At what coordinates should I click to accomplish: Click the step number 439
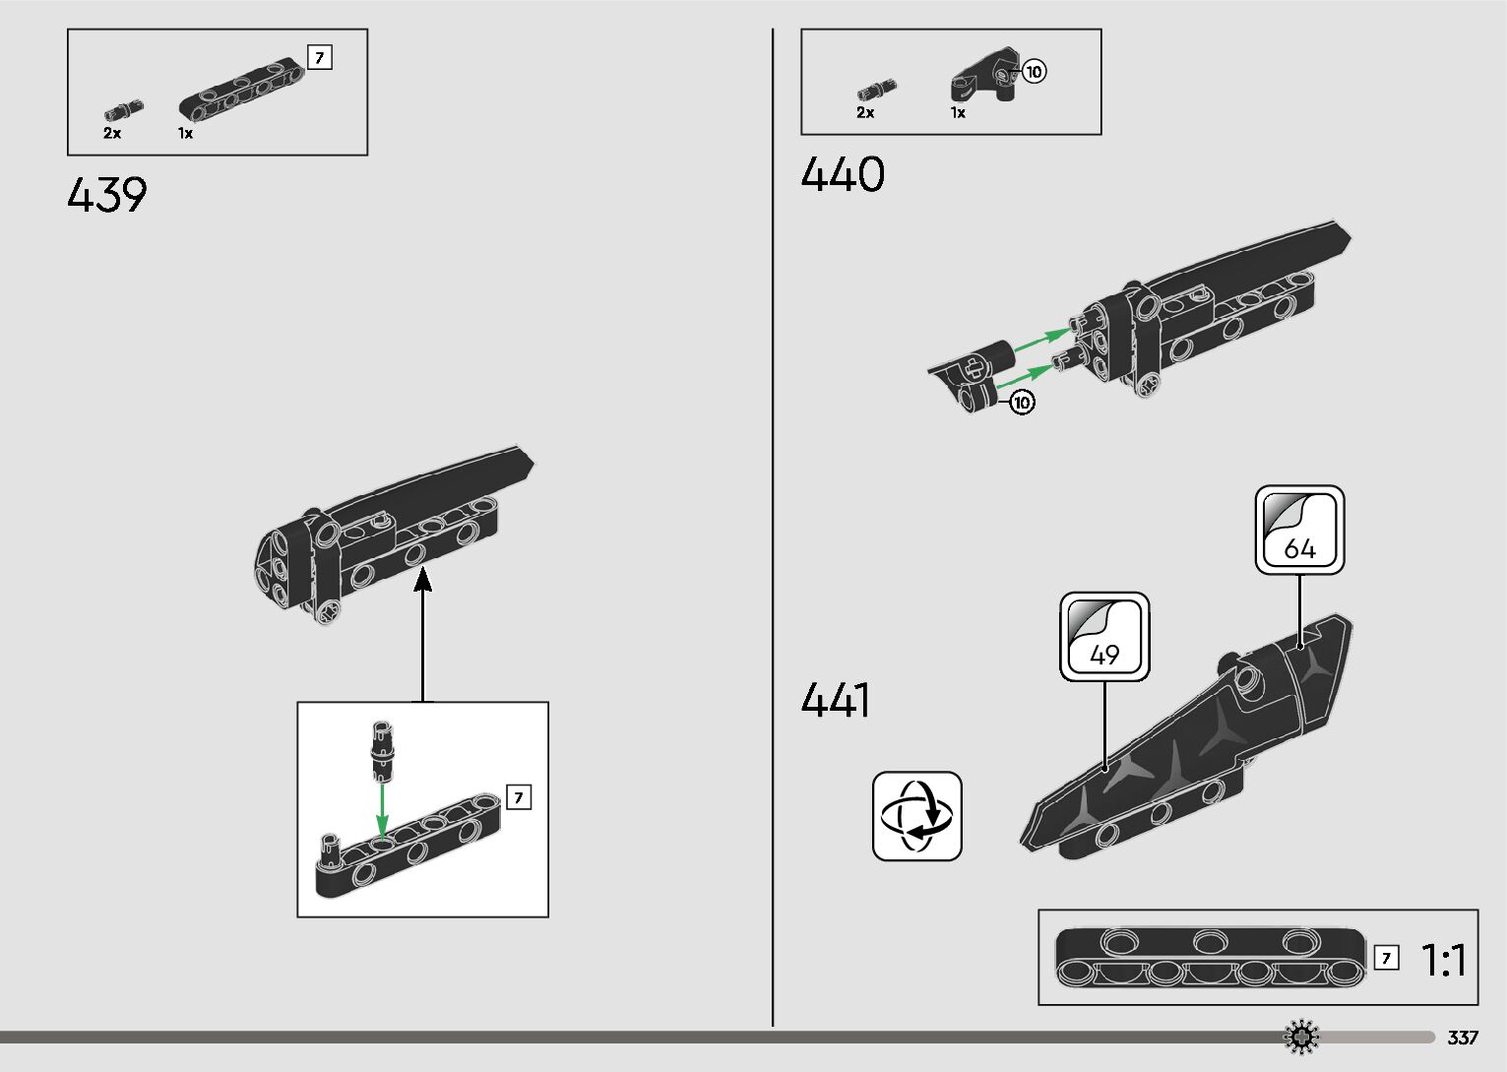(107, 195)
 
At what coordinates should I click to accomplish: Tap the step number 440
(843, 175)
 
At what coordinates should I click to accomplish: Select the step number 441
(835, 701)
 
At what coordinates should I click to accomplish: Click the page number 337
(1463, 1038)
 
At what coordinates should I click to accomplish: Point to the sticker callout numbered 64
(1299, 530)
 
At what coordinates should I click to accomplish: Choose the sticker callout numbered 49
(1104, 636)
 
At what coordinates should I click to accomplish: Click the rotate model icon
(916, 816)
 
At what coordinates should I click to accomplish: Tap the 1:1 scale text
(1444, 960)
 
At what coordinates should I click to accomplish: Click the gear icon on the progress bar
(1302, 1037)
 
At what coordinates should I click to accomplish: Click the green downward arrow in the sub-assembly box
(383, 807)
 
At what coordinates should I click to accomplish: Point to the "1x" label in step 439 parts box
(185, 133)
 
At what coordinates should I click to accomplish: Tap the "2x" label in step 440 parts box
(865, 112)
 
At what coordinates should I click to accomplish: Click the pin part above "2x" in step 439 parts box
(125, 107)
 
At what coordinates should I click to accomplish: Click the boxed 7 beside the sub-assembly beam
(519, 797)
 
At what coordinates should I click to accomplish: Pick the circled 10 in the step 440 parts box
(1034, 71)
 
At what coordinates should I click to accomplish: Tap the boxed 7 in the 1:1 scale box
(1386, 958)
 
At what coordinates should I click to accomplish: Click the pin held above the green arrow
(381, 747)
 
